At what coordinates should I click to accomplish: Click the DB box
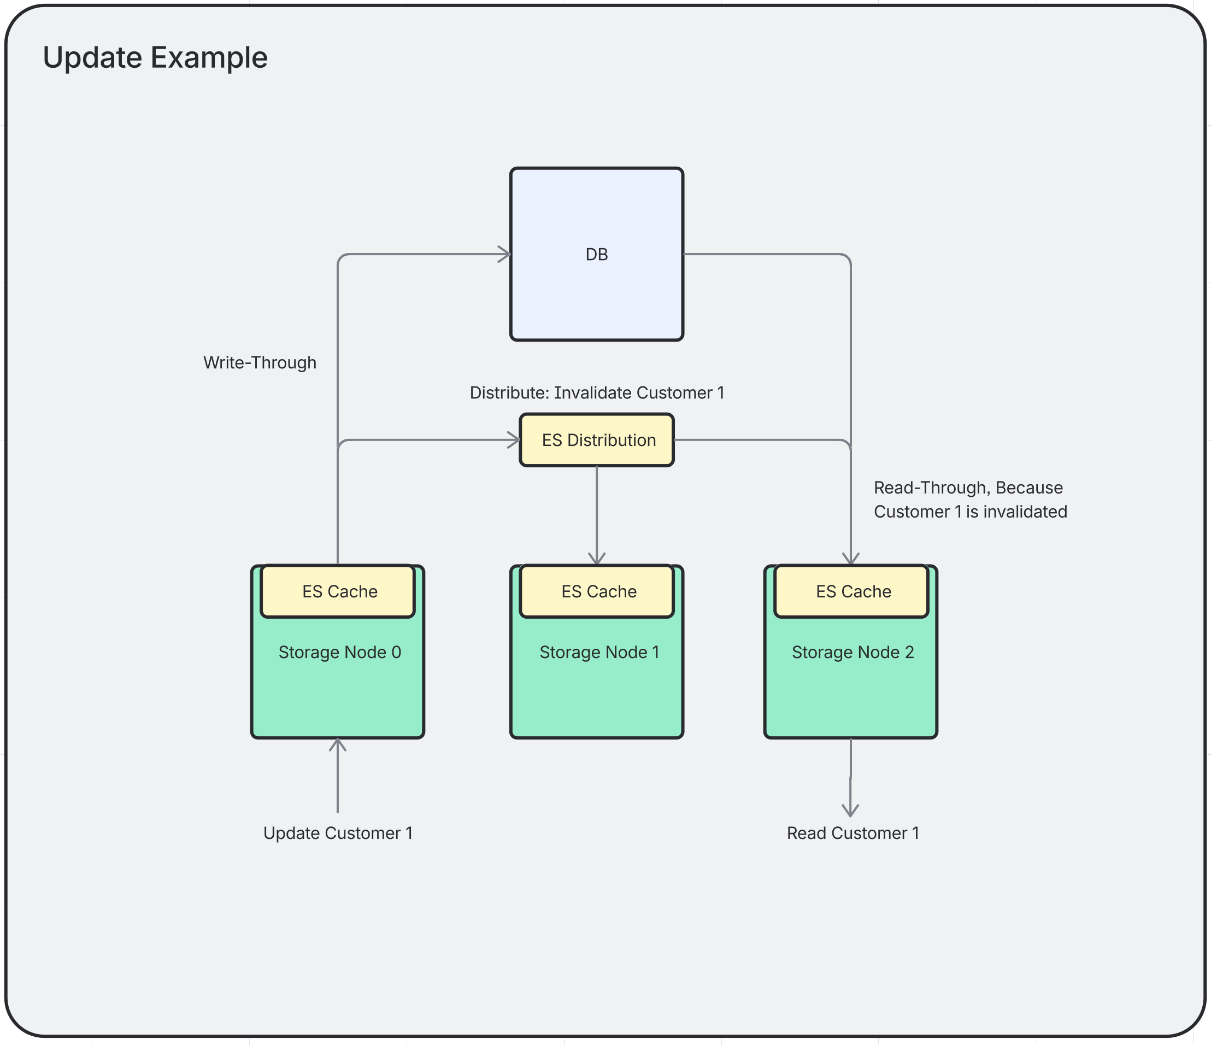pos(596,254)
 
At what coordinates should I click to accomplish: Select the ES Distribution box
pos(596,440)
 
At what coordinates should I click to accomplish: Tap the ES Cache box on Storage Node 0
pos(338,591)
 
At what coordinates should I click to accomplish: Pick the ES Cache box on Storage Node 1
pos(597,591)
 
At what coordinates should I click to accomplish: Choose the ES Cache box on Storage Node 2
pos(851,591)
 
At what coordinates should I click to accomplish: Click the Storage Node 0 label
pos(339,652)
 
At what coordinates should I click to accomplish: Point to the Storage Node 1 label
pos(599,652)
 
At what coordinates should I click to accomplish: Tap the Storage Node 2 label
pos(853,652)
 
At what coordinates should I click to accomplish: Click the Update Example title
pos(155,57)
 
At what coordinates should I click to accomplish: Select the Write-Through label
pos(260,362)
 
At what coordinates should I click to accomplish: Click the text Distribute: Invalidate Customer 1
pos(597,393)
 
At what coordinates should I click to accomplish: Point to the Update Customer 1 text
pos(338,833)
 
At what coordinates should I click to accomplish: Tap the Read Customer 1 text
pos(853,833)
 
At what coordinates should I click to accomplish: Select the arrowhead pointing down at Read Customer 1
pos(850,811)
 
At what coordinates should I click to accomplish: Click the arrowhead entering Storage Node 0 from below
pos(338,744)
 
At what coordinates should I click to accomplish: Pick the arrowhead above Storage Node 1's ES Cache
pos(597,559)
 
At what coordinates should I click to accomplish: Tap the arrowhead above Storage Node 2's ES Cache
pos(850,559)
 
